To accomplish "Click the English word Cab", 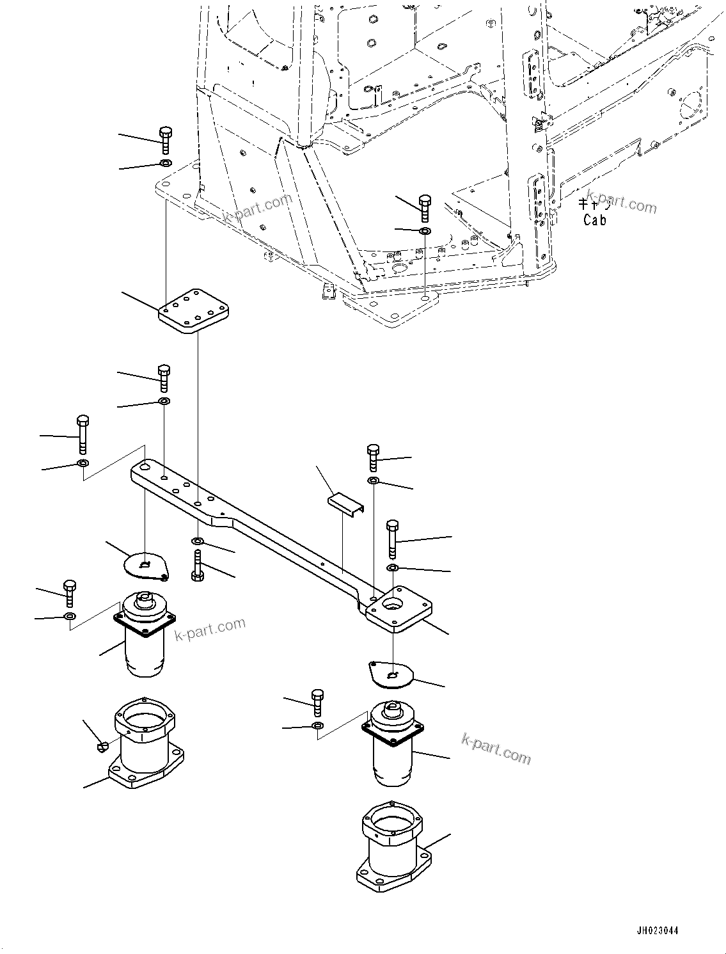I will point(594,219).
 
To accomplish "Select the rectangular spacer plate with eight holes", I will point(194,312).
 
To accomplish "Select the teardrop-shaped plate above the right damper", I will point(391,674).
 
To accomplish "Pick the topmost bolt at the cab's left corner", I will point(164,139).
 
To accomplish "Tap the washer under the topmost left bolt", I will point(164,163).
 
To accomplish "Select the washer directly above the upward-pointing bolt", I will point(198,542).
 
